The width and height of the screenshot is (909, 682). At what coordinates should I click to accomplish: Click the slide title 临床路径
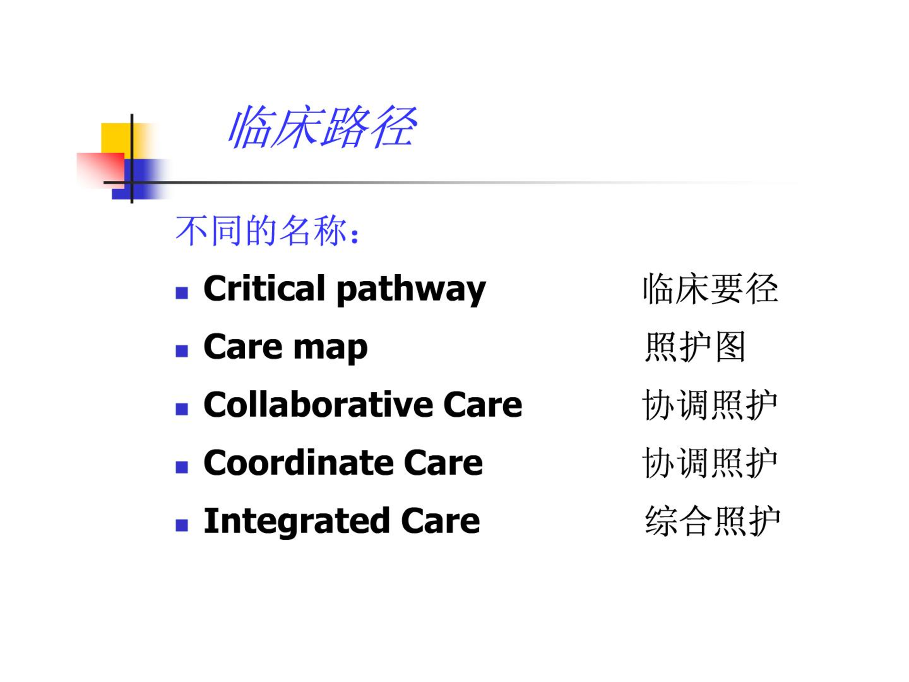pos(322,127)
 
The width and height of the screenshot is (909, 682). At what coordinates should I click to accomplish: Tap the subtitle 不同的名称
pos(261,231)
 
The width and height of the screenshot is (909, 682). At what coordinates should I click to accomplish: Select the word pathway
pos(411,290)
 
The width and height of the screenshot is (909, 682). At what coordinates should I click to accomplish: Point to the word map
pos(330,348)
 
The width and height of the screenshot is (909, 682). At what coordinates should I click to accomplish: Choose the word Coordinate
pos(298,462)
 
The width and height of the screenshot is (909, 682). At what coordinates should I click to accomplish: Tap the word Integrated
pos(296,520)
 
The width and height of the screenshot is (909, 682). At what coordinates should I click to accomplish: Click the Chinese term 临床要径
pos(710,288)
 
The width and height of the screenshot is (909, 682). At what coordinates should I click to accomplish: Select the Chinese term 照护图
pos(695,347)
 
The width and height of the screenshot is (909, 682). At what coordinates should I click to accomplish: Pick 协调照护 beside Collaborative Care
pos(710,405)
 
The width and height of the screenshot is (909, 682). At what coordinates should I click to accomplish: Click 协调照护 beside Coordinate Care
pos(710,463)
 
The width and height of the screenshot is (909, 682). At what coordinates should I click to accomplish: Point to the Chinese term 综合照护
pos(712,521)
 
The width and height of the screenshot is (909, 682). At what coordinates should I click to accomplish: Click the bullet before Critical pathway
pos(182,293)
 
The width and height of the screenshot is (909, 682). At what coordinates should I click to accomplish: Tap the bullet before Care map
pos(182,351)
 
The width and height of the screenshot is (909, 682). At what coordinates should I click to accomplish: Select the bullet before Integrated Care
pos(182,525)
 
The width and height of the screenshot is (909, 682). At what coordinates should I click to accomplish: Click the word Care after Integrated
pos(440,521)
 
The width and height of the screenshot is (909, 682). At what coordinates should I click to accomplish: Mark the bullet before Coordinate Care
pos(182,467)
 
